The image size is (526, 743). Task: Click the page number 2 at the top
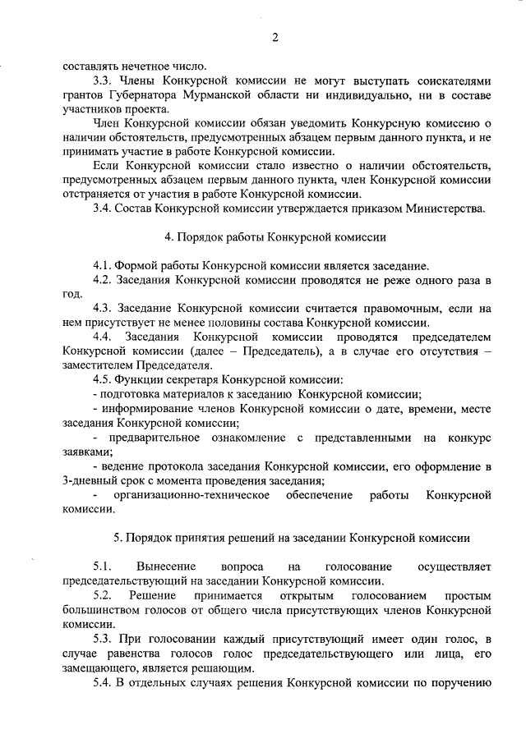[275, 37]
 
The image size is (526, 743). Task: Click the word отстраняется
[99, 194]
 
